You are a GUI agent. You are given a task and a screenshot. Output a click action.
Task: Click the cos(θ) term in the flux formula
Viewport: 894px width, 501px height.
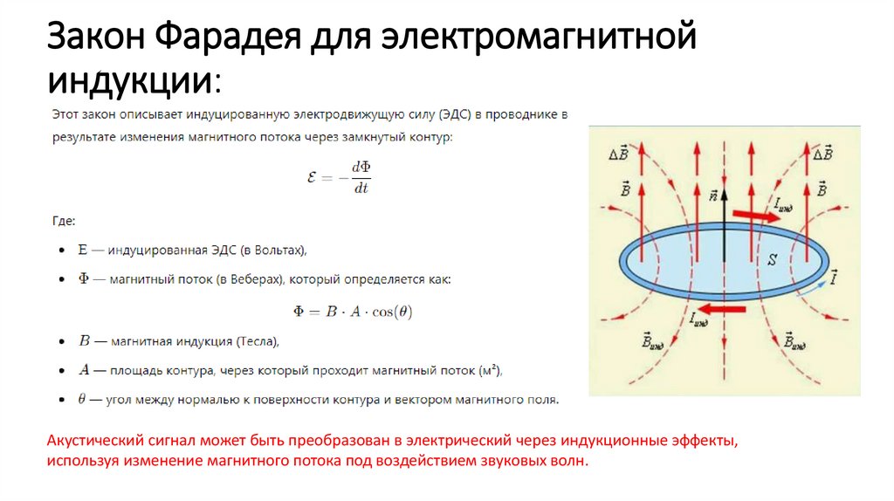tap(390, 312)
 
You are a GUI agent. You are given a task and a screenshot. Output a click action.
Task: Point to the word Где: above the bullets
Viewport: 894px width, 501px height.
tap(64, 221)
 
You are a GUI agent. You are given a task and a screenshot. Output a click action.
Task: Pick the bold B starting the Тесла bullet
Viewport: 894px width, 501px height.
tap(85, 340)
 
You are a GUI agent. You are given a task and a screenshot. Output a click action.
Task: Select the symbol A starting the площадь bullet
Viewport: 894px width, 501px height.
tap(85, 369)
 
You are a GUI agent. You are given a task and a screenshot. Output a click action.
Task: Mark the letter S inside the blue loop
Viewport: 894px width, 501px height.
tap(772, 259)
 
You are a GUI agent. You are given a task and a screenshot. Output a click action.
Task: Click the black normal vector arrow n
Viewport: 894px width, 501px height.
tap(725, 209)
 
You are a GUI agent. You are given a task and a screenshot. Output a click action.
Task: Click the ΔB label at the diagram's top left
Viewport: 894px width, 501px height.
tap(618, 154)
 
